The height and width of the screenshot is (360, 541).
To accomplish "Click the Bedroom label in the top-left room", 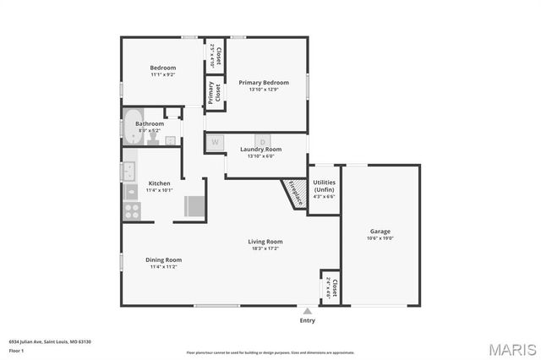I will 163,68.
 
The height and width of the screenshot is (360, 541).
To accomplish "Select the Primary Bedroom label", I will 263,82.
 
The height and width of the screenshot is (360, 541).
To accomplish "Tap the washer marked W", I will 215,142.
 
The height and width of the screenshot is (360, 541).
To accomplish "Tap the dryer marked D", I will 263,142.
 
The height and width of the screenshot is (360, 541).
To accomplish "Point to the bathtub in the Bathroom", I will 134,125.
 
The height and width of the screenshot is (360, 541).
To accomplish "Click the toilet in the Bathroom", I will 153,139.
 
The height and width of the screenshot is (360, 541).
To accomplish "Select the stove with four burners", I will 132,212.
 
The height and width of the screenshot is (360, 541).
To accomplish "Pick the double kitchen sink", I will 130,172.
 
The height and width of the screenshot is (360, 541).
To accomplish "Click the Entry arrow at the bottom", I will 307,313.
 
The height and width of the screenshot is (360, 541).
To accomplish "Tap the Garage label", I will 380,231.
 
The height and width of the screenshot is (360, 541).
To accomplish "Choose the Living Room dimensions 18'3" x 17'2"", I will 265,248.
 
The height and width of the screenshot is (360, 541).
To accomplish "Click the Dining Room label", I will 163,259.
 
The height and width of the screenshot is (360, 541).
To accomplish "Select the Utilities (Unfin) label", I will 324,185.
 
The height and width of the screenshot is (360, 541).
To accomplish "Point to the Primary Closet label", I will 215,92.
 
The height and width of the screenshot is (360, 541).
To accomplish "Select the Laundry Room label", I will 260,150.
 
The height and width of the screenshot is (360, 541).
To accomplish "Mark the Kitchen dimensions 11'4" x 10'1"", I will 159,190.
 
